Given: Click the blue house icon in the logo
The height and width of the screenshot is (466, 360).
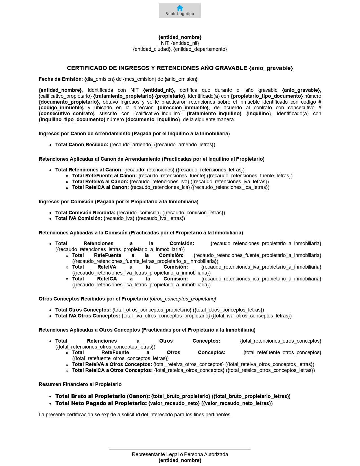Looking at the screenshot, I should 180,8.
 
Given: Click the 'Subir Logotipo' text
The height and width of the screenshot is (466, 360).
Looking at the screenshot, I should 180,14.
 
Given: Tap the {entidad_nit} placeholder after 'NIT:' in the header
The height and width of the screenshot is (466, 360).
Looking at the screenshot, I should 185,43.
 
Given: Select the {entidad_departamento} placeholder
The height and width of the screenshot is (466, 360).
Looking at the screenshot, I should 200,49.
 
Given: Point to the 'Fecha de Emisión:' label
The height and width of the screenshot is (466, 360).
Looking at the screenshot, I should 61,79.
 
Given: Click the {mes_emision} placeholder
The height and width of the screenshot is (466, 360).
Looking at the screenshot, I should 139,79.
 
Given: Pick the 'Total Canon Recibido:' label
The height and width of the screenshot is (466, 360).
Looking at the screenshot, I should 82,145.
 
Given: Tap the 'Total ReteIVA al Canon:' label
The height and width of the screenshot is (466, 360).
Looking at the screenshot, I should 100,182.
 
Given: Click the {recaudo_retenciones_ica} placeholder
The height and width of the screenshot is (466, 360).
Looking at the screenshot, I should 160,187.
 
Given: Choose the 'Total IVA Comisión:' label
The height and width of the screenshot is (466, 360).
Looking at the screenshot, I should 78,218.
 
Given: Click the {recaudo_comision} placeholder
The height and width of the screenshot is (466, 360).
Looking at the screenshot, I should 139,213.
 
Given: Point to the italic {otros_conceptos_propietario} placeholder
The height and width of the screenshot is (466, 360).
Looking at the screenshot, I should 183,299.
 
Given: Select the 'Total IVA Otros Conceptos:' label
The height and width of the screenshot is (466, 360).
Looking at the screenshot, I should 88,316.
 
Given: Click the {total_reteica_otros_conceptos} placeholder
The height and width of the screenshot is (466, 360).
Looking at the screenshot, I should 189,370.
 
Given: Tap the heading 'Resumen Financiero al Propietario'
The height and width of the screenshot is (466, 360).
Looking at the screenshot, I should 80,384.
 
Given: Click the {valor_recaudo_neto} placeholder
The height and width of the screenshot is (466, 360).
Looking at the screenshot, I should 174,403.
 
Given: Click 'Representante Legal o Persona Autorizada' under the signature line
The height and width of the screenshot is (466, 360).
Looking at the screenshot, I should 180,454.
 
